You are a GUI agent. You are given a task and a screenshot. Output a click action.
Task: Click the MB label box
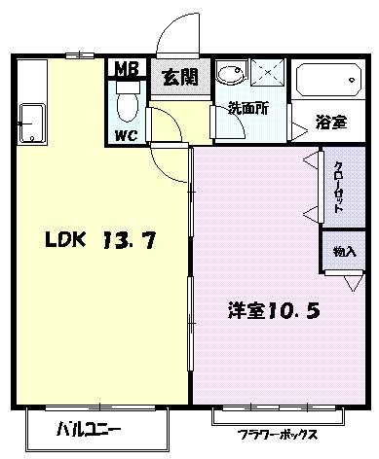(127, 69)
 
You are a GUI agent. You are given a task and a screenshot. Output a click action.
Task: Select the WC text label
(126, 134)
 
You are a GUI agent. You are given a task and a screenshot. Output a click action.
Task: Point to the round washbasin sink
(230, 77)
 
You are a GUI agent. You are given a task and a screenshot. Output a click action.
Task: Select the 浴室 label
(329, 122)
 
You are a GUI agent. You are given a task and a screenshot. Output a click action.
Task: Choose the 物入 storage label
(343, 251)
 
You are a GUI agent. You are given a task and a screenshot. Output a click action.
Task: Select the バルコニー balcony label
(88, 429)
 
